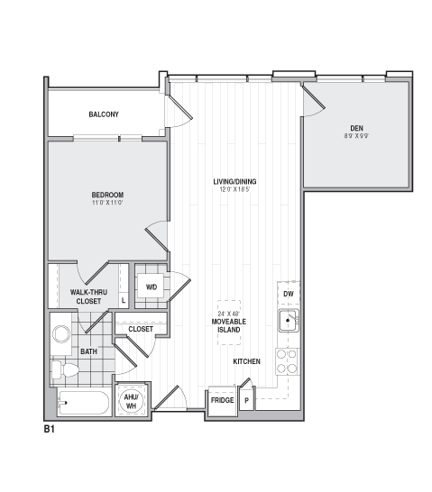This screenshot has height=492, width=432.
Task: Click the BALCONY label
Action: pos(104,114)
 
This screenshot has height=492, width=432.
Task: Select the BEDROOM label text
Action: pos(107,195)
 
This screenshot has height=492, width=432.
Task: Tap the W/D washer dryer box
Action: pos(151,287)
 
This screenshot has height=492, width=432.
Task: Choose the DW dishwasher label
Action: pos(288,295)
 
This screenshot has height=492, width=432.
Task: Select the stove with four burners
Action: pos(287,361)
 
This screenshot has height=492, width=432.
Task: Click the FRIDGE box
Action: pos(222,399)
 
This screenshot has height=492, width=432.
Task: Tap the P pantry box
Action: pos(245,399)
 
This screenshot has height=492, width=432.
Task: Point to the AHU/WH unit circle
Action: pos(130,399)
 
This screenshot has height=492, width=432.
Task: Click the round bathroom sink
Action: pos(62,333)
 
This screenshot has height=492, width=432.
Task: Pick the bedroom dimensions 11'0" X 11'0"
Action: pos(107,203)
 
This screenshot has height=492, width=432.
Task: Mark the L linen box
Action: pos(123,300)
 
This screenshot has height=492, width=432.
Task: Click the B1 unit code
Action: pos(51,430)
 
